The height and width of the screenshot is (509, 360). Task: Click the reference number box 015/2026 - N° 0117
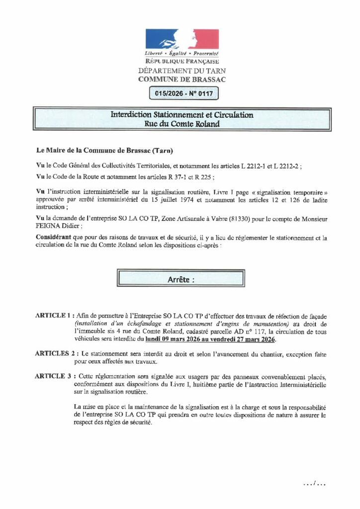[180, 93]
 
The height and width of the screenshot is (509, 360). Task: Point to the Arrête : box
[180, 279]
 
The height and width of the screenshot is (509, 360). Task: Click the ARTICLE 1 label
[53, 316]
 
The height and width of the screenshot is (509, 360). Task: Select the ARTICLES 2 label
[55, 353]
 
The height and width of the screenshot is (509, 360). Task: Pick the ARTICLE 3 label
[53, 376]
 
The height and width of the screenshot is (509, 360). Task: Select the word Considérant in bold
[56, 239]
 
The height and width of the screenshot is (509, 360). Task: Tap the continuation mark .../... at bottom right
[315, 483]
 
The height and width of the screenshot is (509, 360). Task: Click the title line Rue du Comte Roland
[181, 124]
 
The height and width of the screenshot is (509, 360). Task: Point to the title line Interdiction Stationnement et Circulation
[181, 115]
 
